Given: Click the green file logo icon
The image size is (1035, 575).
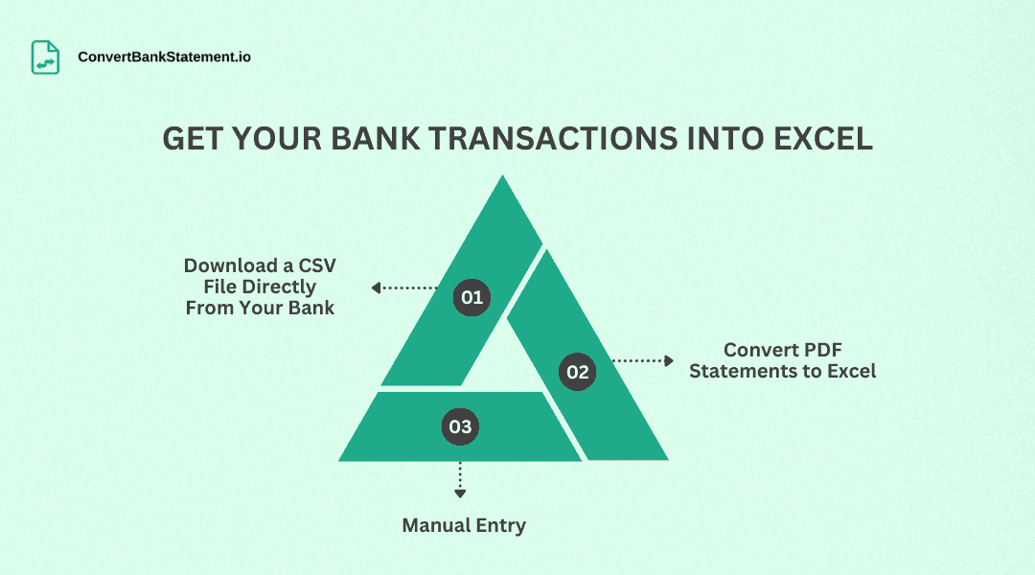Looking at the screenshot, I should point(45,57).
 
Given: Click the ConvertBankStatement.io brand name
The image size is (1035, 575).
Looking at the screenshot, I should point(165,57).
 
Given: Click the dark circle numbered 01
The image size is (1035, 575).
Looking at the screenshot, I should point(471,297).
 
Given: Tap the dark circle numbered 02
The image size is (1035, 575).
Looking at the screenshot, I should point(577,372).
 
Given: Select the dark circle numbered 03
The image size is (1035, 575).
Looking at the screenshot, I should point(460,426).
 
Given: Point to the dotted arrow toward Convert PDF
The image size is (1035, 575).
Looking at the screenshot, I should point(643,361).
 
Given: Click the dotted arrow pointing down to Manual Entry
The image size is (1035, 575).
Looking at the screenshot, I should point(460,479).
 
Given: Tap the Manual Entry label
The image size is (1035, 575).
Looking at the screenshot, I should point(464,525).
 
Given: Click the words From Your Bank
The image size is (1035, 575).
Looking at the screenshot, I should point(260,308).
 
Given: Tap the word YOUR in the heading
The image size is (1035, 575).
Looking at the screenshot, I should point(274,139).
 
